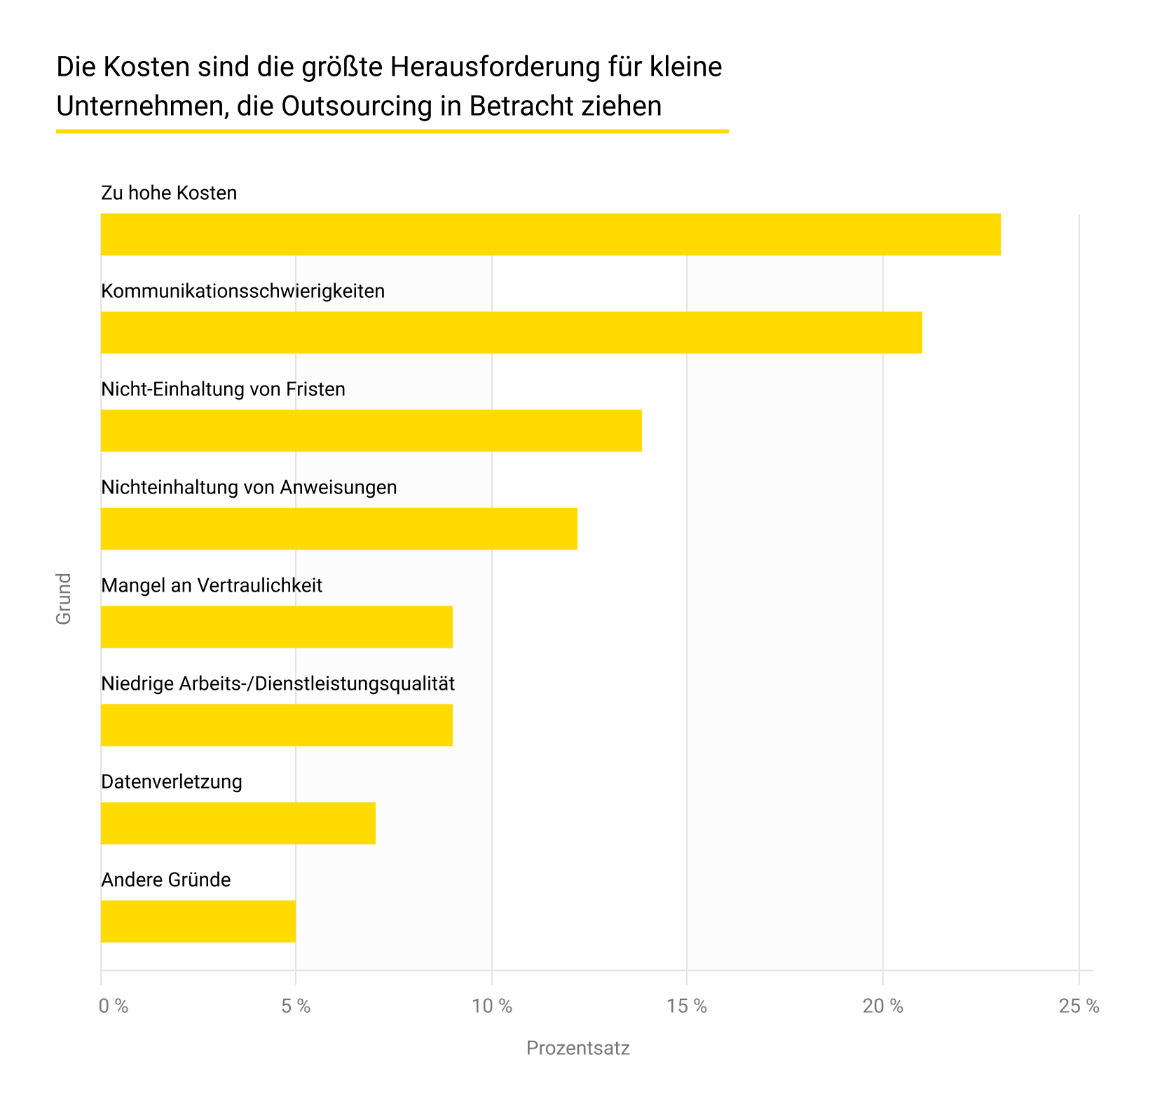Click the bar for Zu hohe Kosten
[550, 234]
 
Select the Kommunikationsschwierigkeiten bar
[511, 332]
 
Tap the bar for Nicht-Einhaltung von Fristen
[371, 430]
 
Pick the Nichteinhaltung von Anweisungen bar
[339, 529]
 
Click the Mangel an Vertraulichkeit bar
[276, 627]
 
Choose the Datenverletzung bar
[238, 823]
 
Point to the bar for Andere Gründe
[198, 921]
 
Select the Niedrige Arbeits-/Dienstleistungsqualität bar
[276, 725]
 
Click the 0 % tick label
[114, 1007]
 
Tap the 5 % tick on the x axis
[296, 1007]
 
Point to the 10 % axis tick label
[492, 1007]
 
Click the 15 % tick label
[687, 1007]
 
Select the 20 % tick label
[883, 1007]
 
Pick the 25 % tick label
[1079, 1007]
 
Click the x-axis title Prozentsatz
[578, 1049]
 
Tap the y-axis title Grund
[64, 599]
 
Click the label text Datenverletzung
[172, 782]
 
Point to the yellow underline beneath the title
[392, 131]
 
